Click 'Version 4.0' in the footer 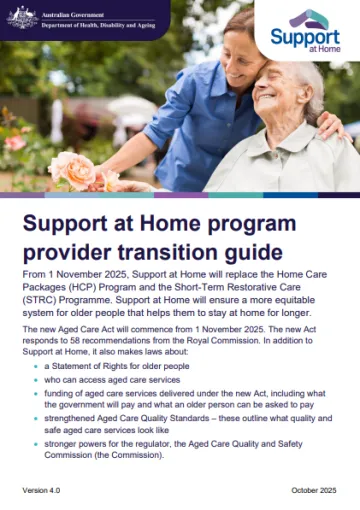(43, 490)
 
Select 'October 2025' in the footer (313, 490)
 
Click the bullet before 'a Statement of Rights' (35, 368)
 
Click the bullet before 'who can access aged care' (35, 382)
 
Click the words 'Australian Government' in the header (75, 12)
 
